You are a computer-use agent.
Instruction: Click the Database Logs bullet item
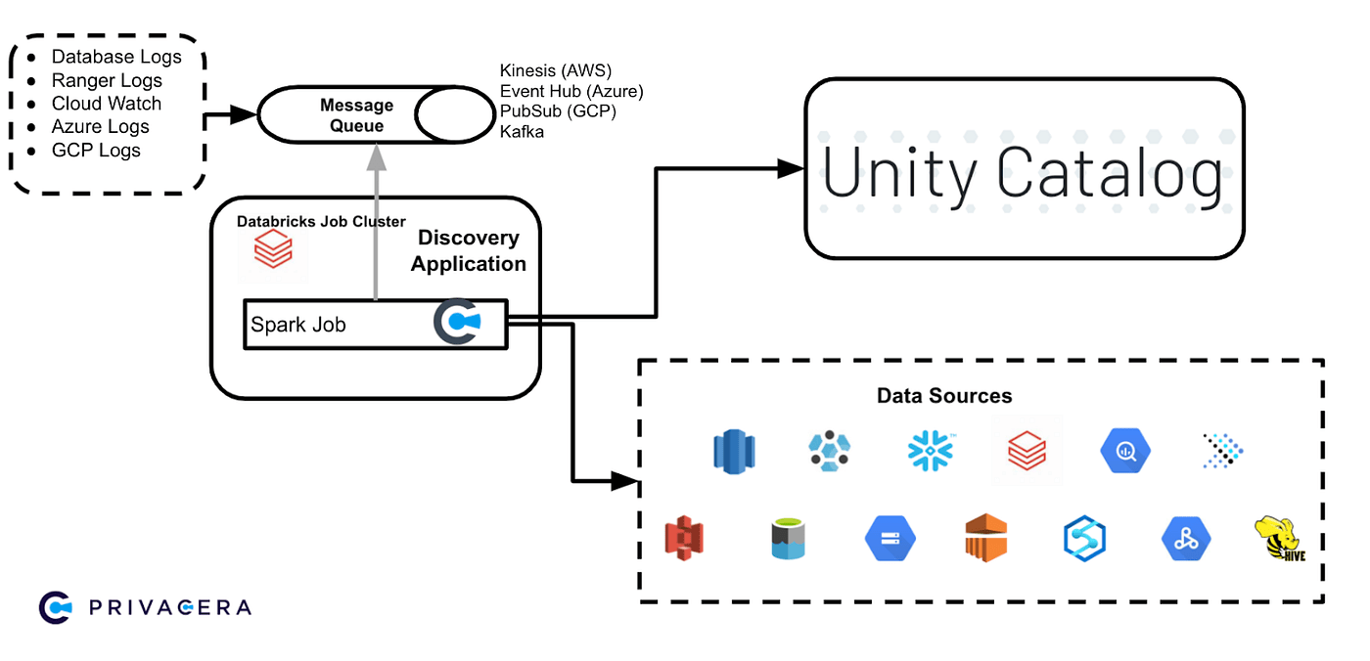coord(116,58)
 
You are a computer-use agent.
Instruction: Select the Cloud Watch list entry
coord(107,104)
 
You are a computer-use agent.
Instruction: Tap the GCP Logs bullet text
coord(96,151)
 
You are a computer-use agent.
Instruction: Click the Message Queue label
coord(356,115)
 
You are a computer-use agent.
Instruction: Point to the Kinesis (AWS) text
coord(555,71)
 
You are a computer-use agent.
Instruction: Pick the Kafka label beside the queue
coord(522,131)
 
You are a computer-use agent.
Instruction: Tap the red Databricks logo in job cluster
coord(273,251)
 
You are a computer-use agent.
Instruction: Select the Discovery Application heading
coord(469,251)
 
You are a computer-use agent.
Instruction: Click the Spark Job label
coord(298,325)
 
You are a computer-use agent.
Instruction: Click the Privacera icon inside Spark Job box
coord(456,324)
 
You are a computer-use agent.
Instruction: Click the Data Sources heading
coord(944,396)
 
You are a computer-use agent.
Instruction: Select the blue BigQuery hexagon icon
coord(1124,451)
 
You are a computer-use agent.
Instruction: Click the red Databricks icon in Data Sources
coord(1027,451)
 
